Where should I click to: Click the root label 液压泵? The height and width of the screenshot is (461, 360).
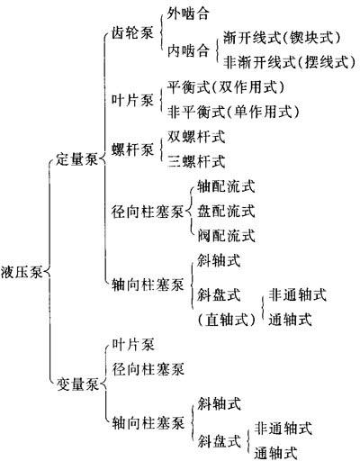pos(21,273)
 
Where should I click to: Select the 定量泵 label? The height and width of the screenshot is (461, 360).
pos(77,159)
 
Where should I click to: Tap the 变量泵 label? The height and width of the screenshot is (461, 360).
pos(77,384)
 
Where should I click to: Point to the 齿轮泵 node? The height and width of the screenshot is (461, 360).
pos(132,32)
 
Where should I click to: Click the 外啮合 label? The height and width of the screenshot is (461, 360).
pos(188,14)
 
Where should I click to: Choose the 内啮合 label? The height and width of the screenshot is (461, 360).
pos(188,50)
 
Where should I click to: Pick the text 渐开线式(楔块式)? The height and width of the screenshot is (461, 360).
pos(283,38)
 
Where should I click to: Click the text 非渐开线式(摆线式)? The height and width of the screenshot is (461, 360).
pos(290,62)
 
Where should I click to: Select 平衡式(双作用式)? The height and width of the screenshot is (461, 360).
pos(226,87)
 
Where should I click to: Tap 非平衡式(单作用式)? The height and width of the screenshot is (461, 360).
pos(233,112)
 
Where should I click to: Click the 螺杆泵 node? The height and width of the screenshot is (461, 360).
pos(132,149)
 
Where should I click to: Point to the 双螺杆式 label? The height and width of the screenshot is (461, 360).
pos(196,137)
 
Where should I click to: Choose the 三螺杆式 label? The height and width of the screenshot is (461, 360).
pos(196,161)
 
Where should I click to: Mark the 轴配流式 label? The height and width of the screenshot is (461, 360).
pos(226,186)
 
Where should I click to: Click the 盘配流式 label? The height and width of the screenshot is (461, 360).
pos(226,211)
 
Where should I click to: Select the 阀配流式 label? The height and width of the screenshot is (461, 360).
pos(226,236)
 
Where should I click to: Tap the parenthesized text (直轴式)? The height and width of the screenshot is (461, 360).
pos(227,320)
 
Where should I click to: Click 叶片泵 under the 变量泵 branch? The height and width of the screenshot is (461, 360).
pos(133,345)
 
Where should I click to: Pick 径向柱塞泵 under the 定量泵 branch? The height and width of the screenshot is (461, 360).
pos(148,212)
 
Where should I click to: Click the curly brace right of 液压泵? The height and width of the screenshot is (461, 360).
pos(49,273)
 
